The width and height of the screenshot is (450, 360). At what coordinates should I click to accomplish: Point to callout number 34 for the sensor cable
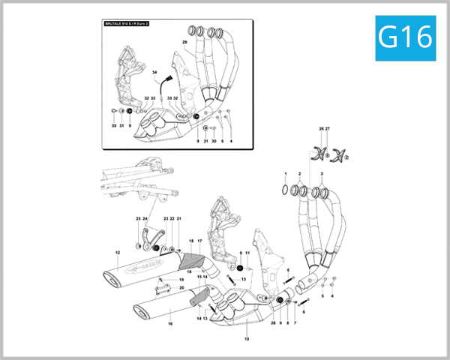pyautogui.click(x=155, y=73)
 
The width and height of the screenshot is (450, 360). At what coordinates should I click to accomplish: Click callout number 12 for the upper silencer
pyautogui.click(x=117, y=252)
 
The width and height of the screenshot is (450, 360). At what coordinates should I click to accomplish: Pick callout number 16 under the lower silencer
pyautogui.click(x=170, y=324)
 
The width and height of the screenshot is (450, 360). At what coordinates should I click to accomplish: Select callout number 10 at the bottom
pyautogui.click(x=247, y=339)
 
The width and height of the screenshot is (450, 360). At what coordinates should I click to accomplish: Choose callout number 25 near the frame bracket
pyautogui.click(x=138, y=218)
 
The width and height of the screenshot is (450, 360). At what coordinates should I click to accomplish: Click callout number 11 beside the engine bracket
pyautogui.click(x=247, y=253)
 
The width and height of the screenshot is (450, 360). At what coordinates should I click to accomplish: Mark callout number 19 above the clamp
pyautogui.click(x=181, y=279)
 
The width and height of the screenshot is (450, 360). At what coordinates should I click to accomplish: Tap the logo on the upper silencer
pyautogui.click(x=148, y=264)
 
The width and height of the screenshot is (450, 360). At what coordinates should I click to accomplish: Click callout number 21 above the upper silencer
pyautogui.click(x=179, y=218)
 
